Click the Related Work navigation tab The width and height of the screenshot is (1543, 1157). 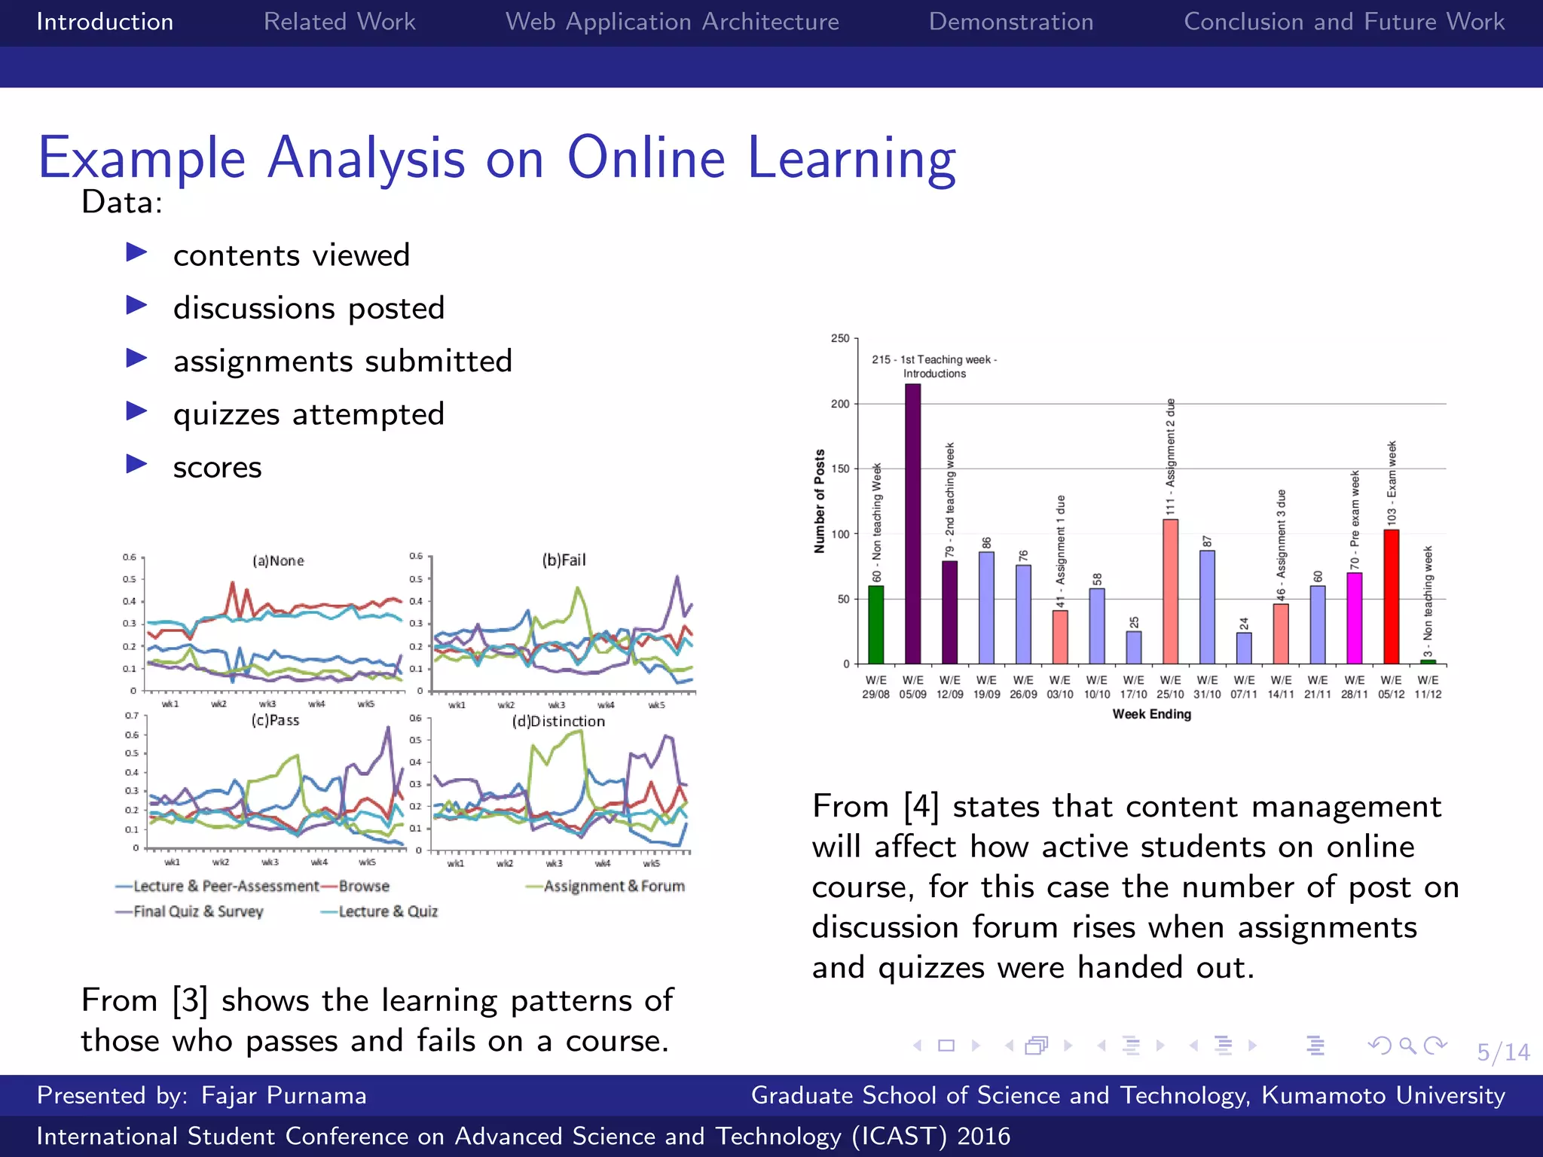(339, 22)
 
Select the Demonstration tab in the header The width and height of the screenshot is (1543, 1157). (1010, 22)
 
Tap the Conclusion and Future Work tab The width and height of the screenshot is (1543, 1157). (1343, 22)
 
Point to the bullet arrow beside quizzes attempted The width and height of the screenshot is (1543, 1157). (136, 411)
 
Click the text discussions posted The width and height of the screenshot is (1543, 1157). (309, 308)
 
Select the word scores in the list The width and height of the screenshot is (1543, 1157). (217, 468)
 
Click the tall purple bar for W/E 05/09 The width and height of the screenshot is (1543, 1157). (912, 527)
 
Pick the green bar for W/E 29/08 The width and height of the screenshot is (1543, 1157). (875, 625)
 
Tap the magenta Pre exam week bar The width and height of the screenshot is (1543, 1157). (1354, 618)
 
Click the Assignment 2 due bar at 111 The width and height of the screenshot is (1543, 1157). (1170, 591)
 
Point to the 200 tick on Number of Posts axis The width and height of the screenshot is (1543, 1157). (839, 404)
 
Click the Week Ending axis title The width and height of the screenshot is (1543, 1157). (1151, 714)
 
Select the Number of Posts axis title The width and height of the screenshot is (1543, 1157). (820, 502)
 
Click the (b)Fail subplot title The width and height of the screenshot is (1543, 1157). (564, 560)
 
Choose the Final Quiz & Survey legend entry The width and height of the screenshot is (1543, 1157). (197, 911)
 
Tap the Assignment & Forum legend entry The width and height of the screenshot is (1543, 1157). (613, 887)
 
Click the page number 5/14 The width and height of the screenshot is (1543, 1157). (1502, 1052)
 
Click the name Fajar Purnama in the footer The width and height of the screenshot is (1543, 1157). (283, 1095)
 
